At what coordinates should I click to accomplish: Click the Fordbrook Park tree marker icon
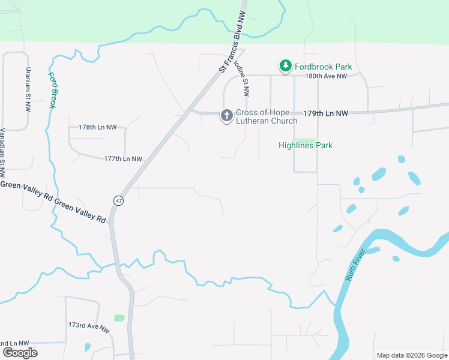286,66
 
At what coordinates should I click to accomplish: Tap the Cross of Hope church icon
226,116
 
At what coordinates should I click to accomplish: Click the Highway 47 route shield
118,201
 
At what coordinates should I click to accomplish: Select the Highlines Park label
306,145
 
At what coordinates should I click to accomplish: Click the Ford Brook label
52,89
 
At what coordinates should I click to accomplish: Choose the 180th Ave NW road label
326,76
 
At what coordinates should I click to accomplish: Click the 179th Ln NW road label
325,113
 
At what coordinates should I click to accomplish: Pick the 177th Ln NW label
123,159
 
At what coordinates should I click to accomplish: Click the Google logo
19,352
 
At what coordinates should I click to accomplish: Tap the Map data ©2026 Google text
412,355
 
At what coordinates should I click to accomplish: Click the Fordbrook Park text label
323,67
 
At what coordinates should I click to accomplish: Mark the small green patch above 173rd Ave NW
119,317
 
